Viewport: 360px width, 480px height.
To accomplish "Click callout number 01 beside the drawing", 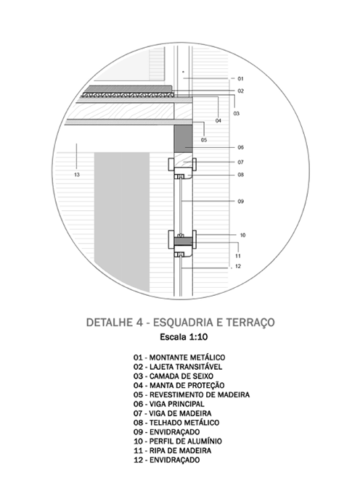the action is click(240, 79).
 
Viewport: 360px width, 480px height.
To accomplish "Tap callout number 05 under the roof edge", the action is click(204, 140).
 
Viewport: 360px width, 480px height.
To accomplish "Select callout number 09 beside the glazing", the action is click(241, 201).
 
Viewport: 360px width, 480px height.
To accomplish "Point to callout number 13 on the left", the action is click(77, 175).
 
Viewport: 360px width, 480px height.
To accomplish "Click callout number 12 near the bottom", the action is click(238, 266).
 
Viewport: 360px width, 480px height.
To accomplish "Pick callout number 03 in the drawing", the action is click(236, 114).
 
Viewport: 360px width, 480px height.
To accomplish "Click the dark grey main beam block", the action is click(183, 138).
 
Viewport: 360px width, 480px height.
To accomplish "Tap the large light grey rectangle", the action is click(122, 222).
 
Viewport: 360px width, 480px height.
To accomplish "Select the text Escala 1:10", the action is click(184, 337).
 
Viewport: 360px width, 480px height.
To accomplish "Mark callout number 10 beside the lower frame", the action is click(242, 235).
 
